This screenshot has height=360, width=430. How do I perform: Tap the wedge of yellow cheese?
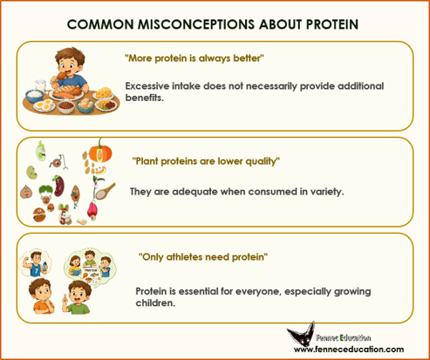click(x=105, y=93)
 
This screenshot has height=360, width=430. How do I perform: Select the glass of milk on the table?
click(x=41, y=85)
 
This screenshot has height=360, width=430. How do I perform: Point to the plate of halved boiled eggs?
click(x=44, y=105)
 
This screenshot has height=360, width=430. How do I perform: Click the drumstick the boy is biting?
click(x=60, y=77)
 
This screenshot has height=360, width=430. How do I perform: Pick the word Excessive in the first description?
click(x=147, y=86)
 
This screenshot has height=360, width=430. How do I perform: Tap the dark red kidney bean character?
click(x=58, y=186)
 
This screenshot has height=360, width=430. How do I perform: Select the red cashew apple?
click(x=92, y=211)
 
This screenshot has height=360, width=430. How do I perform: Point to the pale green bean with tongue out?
click(x=40, y=151)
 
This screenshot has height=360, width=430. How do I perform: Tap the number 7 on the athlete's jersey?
click(x=37, y=271)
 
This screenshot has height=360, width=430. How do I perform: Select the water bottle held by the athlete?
click(x=44, y=267)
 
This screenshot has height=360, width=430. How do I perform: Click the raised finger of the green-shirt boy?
click(x=64, y=298)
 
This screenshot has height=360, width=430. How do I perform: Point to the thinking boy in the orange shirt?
click(x=41, y=296)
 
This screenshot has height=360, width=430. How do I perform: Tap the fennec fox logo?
click(x=301, y=333)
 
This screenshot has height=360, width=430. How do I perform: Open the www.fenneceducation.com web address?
click(x=349, y=350)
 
